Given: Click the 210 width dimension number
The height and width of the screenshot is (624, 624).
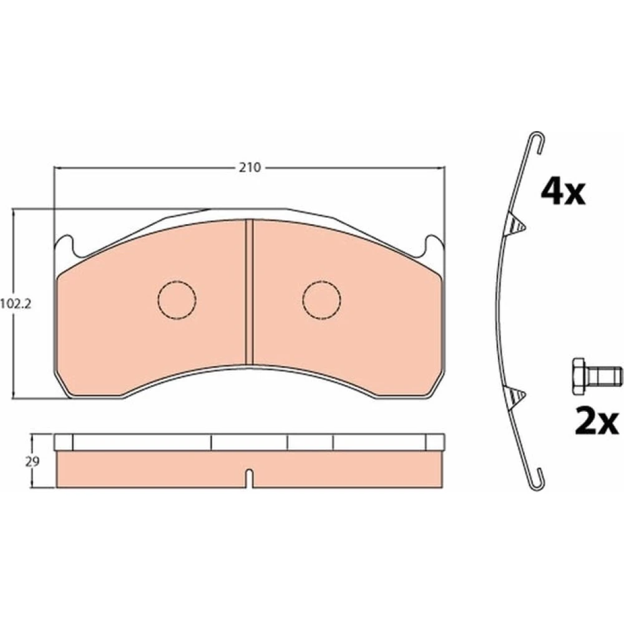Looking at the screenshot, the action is (x=250, y=167).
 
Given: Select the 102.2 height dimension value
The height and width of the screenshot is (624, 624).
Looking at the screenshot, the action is (x=16, y=305).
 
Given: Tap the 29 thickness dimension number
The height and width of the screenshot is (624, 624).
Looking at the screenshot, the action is (x=32, y=462).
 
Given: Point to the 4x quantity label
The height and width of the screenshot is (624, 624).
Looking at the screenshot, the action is (x=563, y=192).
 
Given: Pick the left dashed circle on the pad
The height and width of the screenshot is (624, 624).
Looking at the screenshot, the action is (x=177, y=300).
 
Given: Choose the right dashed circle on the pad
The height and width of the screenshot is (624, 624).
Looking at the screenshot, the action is (x=321, y=300).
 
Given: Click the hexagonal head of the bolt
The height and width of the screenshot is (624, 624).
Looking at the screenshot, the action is (x=580, y=376).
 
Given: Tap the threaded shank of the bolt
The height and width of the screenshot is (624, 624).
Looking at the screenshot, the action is (x=605, y=376).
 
